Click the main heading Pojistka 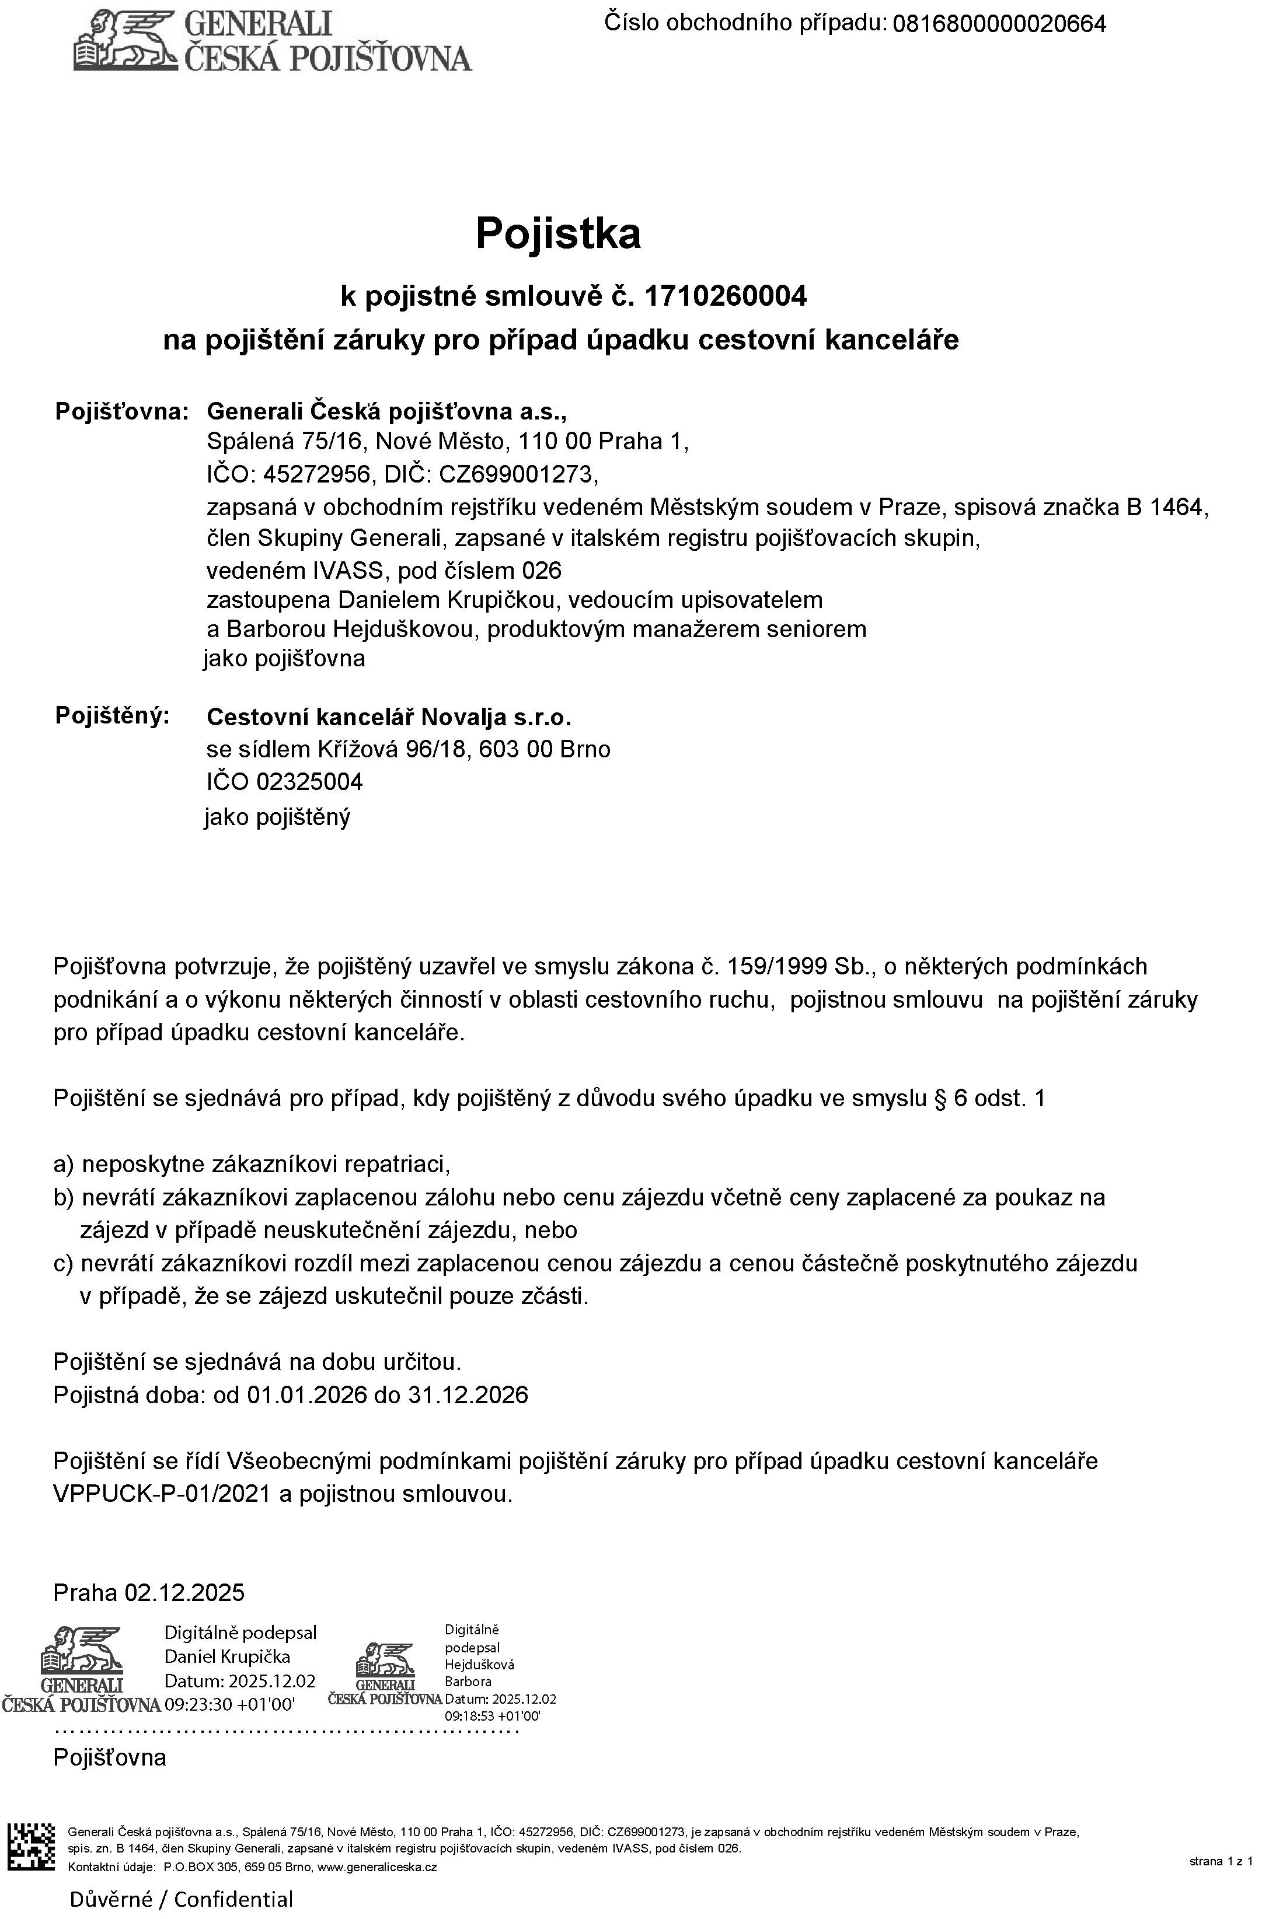(557, 233)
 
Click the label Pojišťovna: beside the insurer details (122, 411)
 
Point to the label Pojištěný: (112, 716)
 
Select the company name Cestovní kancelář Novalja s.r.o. (389, 718)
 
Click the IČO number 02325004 (309, 782)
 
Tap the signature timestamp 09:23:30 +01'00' (229, 1704)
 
